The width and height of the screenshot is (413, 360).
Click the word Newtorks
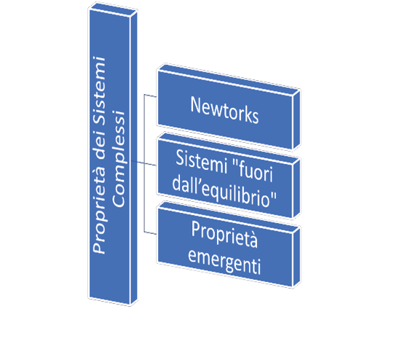click(224, 109)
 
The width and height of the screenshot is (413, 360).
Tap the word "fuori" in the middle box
click(253, 171)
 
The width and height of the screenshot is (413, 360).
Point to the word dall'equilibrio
click(224, 192)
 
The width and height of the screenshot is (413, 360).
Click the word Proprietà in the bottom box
click(224, 234)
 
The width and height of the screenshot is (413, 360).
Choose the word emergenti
click(224, 262)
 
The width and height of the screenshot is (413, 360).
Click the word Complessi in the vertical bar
click(119, 159)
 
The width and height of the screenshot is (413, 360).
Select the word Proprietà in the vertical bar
click(99, 211)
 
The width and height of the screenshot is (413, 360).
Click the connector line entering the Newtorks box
click(150, 95)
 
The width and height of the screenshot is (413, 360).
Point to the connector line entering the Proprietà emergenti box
click(150, 232)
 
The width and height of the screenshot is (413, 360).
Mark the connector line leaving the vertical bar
click(143, 163)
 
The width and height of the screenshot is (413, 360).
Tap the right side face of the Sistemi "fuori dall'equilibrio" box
click(296, 189)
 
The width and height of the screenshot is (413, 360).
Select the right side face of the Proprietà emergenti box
click(296, 257)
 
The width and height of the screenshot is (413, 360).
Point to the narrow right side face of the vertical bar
click(134, 157)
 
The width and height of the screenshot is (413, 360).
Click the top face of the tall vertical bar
click(113, 9)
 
